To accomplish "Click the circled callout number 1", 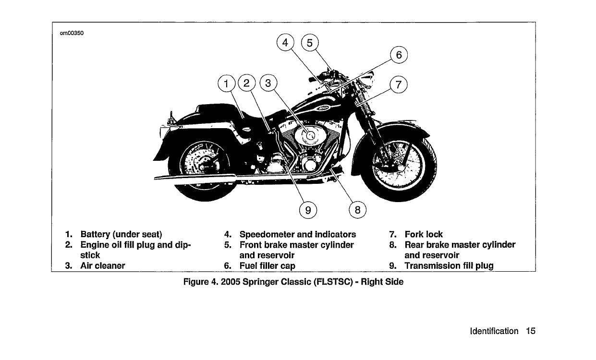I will (226, 84).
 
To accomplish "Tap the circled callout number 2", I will (247, 84).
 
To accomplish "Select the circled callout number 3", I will (268, 84).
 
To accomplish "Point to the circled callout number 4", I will (285, 43).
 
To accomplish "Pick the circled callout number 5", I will (309, 43).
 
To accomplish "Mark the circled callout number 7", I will (398, 85).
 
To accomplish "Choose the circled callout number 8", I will (357, 210).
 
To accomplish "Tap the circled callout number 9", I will (308, 210).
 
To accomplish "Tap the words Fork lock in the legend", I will (424, 235).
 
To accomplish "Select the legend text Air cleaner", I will (103, 265).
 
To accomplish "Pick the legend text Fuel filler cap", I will (267, 265).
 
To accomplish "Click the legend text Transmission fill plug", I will (449, 265).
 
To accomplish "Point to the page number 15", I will (530, 331).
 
